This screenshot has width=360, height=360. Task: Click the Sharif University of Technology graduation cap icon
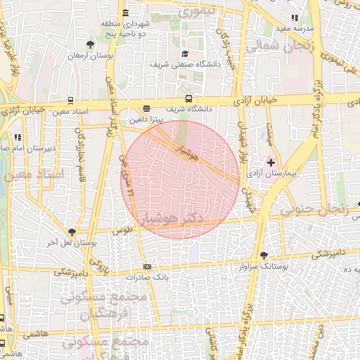point(185,53)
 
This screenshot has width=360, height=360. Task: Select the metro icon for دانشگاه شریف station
point(188,99)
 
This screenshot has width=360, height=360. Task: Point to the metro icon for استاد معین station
point(70,101)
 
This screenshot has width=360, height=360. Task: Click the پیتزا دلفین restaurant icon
point(146,108)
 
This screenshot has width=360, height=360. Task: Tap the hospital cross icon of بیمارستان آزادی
point(271,162)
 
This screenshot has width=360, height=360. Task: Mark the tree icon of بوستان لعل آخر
point(71,231)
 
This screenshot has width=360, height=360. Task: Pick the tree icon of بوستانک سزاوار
point(264,255)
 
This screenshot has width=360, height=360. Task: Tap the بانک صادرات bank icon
point(147,266)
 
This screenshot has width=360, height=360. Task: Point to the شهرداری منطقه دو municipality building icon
point(125,13)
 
